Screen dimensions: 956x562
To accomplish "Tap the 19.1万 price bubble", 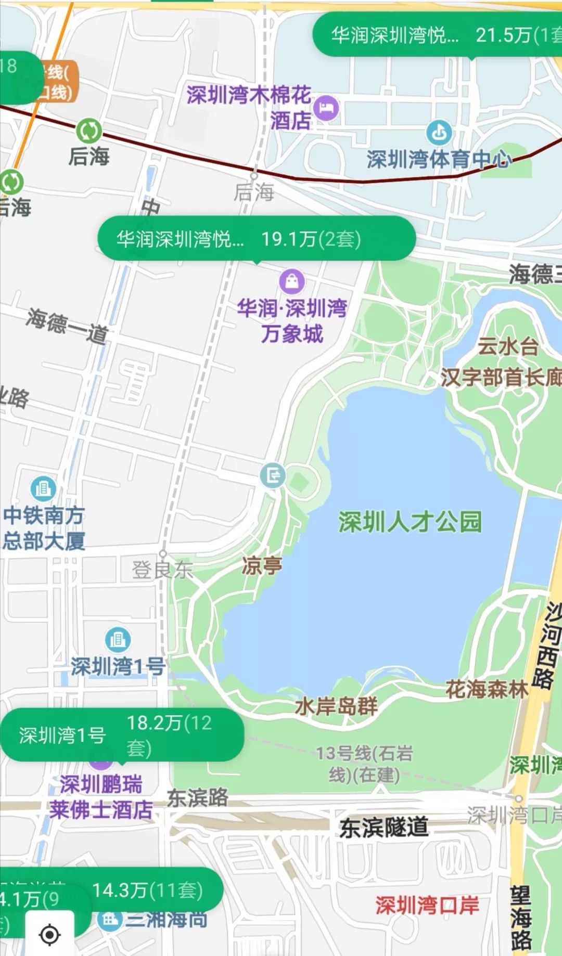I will pos(256,239).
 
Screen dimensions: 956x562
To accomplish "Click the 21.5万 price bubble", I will pos(437,35).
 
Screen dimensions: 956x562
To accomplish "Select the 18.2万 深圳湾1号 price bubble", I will pos(122,734).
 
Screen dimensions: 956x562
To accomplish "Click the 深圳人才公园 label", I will pos(410,522).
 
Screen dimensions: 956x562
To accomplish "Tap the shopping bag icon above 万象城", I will pos(292,281).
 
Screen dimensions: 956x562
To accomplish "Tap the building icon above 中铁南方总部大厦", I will pos(43,488).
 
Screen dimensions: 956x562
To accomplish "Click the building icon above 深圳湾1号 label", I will pos(118,639).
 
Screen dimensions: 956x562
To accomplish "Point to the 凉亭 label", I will pos(262,565).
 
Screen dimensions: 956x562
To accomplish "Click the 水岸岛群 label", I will pos(336,706).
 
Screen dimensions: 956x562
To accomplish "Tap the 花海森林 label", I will pos(487,690).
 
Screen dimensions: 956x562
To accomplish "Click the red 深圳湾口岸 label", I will pos(427,906).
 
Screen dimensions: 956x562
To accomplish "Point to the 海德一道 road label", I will pos(67,326).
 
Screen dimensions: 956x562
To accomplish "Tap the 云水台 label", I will pos(508,346).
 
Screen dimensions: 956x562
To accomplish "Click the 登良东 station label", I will pos(162,570).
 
